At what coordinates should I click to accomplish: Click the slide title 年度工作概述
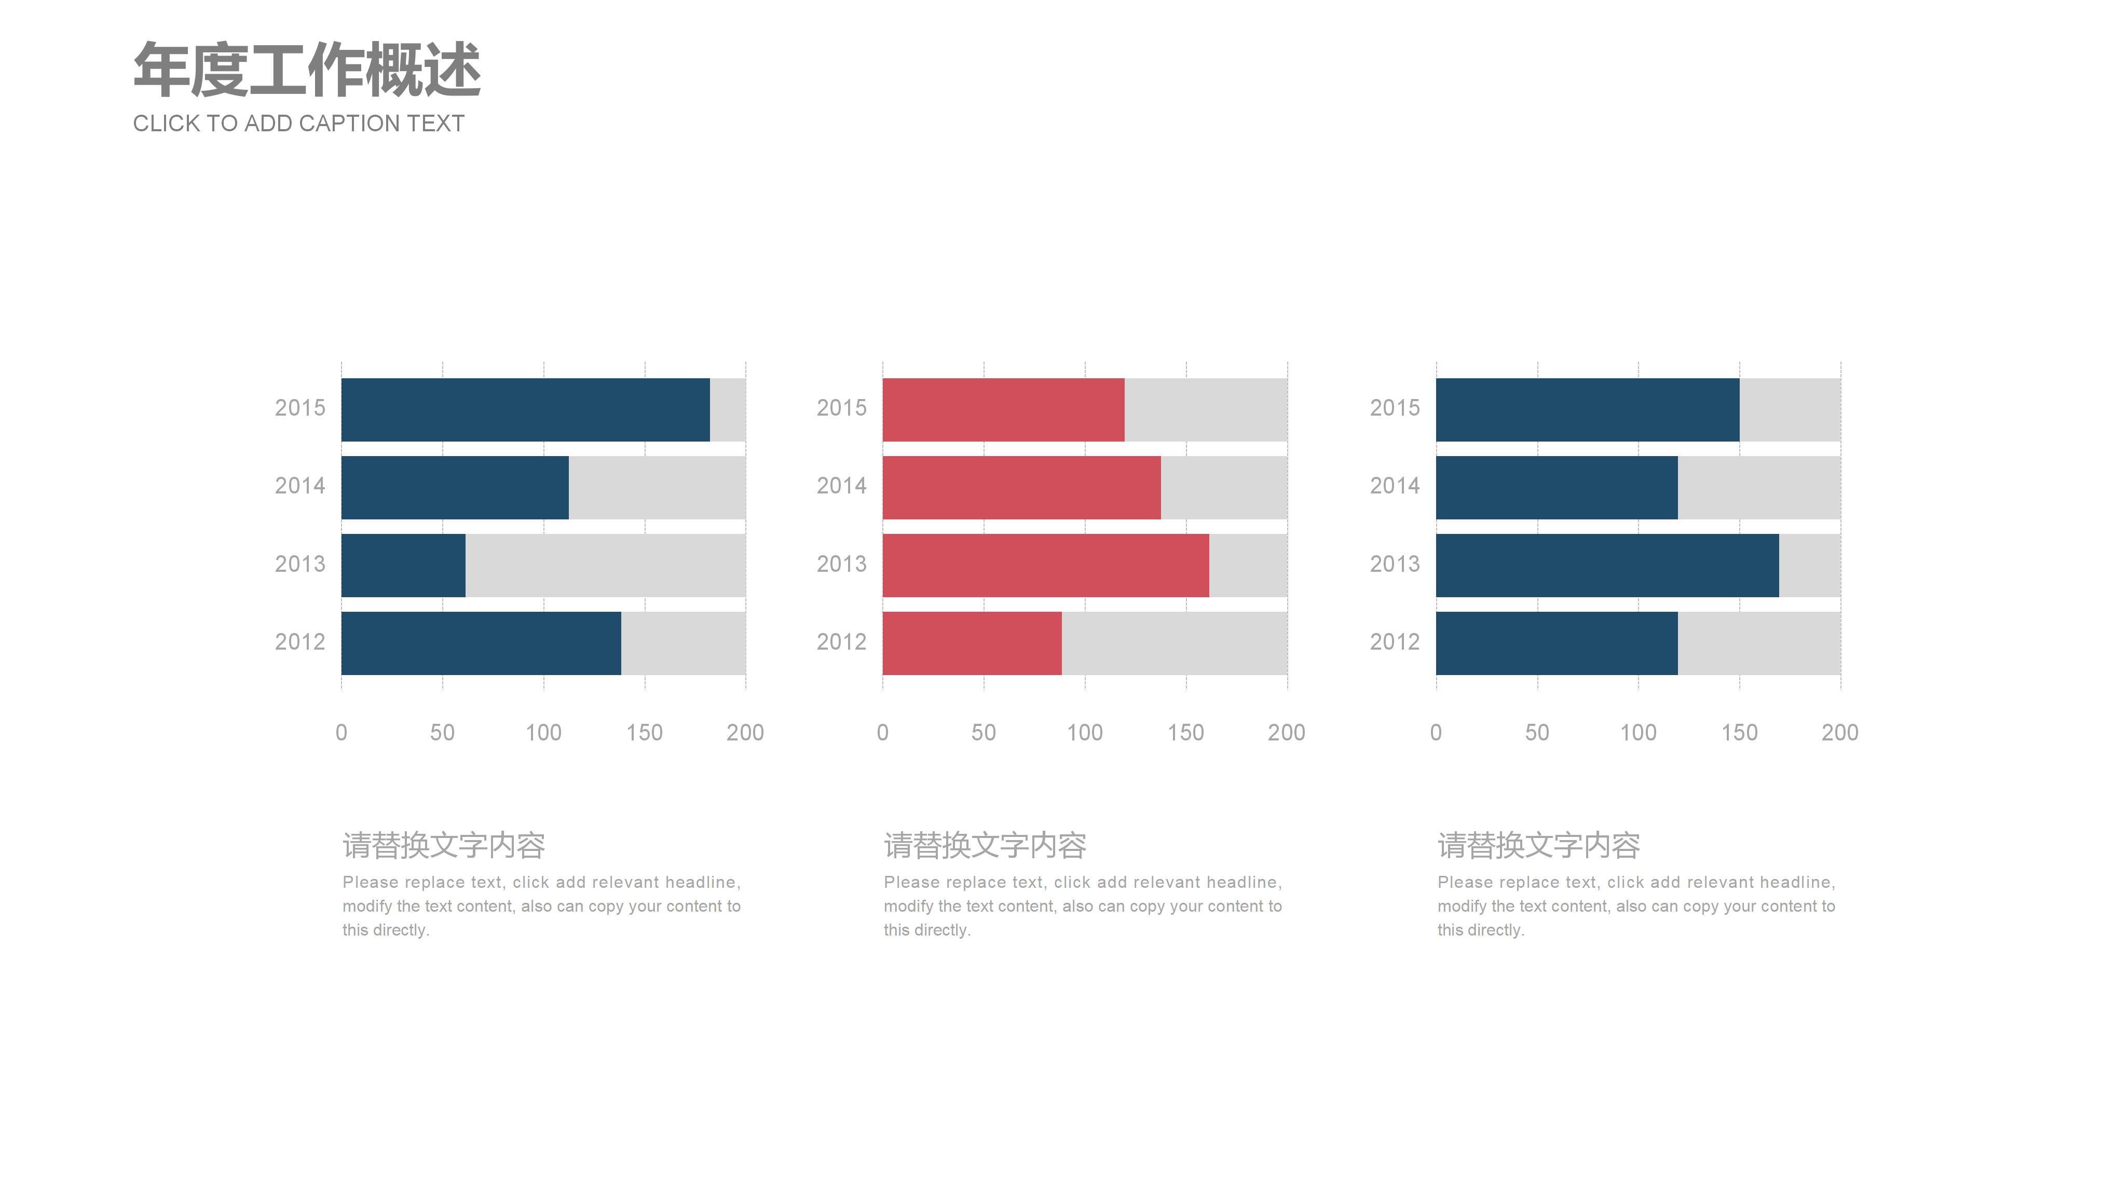point(307,70)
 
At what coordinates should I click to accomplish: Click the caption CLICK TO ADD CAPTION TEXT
point(298,123)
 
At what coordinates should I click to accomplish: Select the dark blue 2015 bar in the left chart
point(525,409)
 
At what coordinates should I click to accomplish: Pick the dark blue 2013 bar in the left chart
point(403,565)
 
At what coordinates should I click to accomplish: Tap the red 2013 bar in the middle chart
point(1045,565)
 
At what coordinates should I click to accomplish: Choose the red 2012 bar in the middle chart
point(972,643)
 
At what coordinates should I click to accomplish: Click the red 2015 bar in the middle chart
point(1003,409)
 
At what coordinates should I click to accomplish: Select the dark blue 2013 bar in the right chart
point(1607,565)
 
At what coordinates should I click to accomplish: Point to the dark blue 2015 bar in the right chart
point(1587,409)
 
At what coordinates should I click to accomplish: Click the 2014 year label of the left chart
point(299,486)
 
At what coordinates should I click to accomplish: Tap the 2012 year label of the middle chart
point(841,642)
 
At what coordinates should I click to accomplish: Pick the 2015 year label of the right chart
point(1395,408)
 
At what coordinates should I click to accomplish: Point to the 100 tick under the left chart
point(543,733)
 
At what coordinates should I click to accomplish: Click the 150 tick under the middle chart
point(1185,733)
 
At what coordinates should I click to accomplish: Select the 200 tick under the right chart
point(1840,733)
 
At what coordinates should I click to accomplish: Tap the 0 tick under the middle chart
point(882,733)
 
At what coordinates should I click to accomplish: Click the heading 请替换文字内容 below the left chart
point(444,846)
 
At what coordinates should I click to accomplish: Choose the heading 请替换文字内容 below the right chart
point(1539,846)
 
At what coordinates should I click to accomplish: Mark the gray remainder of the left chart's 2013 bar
point(606,565)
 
